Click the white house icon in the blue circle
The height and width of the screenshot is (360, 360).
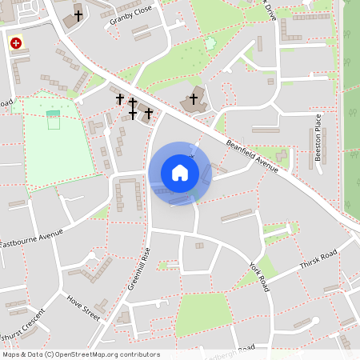180,173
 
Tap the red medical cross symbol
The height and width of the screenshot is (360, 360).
15,42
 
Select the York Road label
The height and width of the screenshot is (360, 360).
260,275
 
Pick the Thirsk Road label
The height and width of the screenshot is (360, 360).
319,261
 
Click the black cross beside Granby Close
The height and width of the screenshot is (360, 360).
78,14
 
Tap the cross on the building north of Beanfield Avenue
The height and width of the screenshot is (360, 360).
193,98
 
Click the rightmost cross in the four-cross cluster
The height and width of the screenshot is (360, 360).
149,113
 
